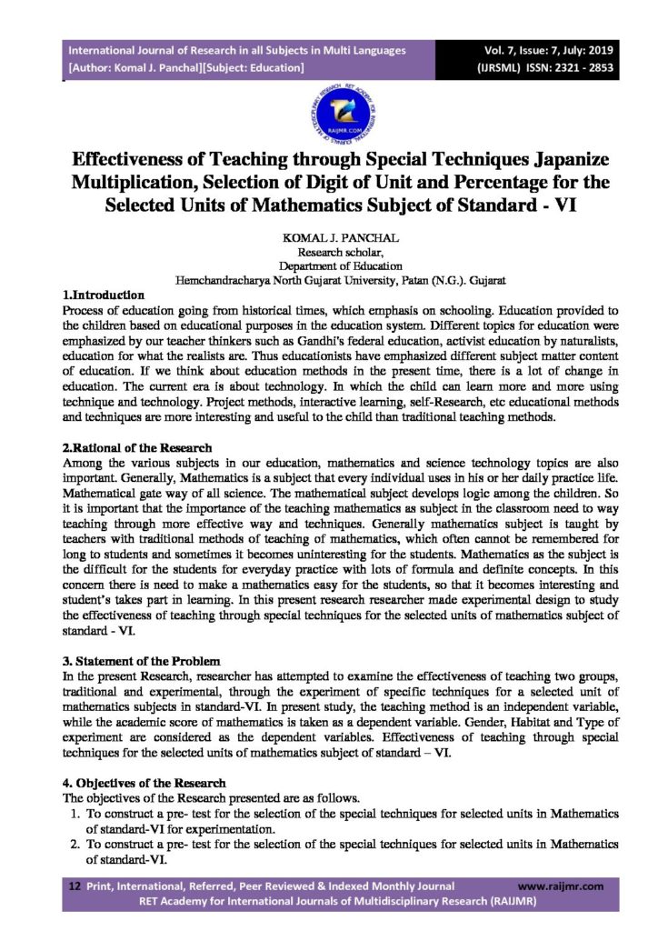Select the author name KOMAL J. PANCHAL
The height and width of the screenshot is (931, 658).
click(x=329, y=236)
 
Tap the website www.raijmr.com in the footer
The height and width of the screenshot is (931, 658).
click(x=560, y=886)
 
